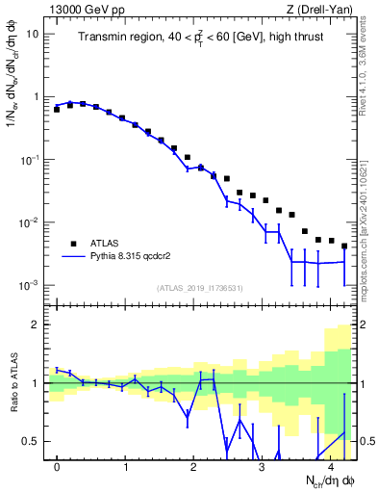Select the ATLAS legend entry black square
pos(72,245)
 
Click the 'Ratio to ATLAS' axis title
pos(13,382)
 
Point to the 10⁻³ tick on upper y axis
pos(29,286)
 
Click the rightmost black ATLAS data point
pos(344,246)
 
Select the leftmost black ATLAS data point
pos(57,110)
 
